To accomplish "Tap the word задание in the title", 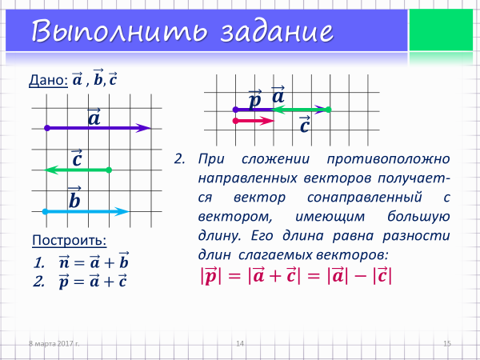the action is point(277,31).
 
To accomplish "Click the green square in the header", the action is point(441,30).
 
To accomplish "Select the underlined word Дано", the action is point(48,80).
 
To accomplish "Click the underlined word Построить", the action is point(69,240).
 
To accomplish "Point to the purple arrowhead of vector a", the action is point(143,128).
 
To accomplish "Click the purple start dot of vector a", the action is point(47,128).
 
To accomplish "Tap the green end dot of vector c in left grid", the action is point(109,170).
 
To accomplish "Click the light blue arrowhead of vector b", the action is point(122,211).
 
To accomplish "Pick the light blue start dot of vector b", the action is point(45,211).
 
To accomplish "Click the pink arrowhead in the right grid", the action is point(267,121).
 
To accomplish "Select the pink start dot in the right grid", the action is point(235,121).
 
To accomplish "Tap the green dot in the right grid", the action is point(328,110).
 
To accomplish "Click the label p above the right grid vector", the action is point(255,98).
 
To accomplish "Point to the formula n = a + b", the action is point(94,261).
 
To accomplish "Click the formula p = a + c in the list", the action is point(93,281).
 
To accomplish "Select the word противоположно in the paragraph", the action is point(388,159).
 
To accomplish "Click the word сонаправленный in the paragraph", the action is point(365,198).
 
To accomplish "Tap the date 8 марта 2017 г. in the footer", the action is point(54,343).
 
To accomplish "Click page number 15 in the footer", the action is point(447,343).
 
